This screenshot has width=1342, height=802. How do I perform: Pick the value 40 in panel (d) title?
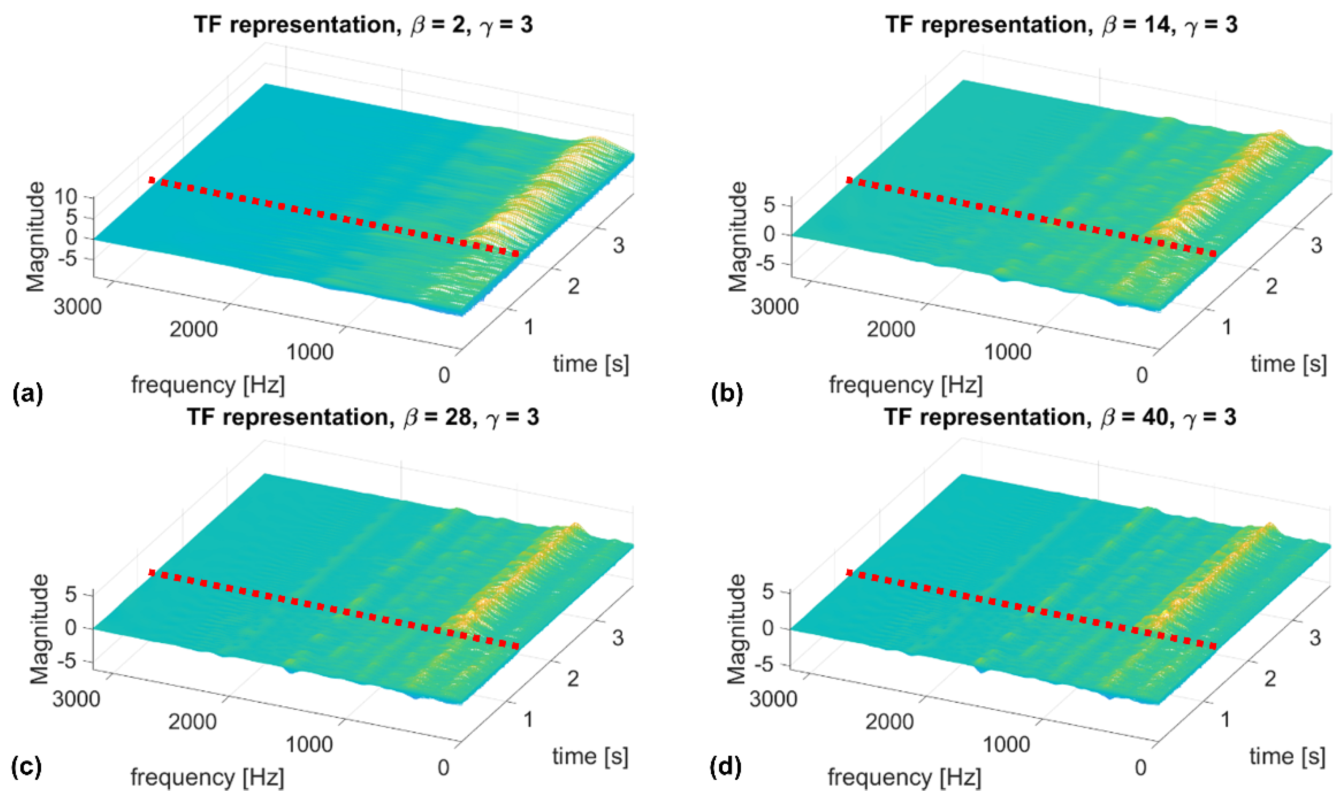pyautogui.click(x=1156, y=417)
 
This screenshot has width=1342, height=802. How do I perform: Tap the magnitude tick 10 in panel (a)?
pyautogui.click(x=65, y=197)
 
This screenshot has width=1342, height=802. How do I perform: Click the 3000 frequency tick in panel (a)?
pyautogui.click(x=77, y=306)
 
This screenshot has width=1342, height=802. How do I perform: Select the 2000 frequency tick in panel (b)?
pyautogui.click(x=891, y=329)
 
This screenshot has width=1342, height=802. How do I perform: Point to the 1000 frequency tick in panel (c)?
pyautogui.click(x=309, y=744)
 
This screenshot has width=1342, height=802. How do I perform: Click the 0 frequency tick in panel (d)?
pyautogui.click(x=1140, y=767)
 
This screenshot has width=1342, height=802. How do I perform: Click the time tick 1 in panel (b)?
pyautogui.click(x=1226, y=327)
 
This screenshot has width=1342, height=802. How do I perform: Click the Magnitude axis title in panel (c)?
pyautogui.click(x=39, y=629)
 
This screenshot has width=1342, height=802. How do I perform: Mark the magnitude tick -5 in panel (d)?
pyautogui.click(x=770, y=665)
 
